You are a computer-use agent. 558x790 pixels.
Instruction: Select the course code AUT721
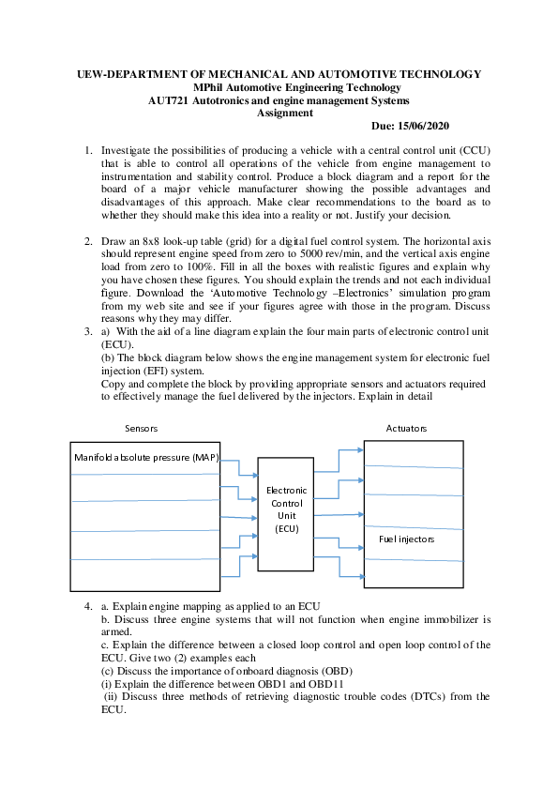169,99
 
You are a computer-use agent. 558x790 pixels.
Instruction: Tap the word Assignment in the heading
285,113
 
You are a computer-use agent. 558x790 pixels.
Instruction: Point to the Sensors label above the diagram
142,428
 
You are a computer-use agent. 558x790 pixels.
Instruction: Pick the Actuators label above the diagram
406,428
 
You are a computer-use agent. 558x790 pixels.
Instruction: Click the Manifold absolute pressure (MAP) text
145,457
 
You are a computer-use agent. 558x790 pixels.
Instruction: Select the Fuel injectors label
406,539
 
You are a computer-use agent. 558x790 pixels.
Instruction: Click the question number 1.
88,150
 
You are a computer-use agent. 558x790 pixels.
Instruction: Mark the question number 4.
88,608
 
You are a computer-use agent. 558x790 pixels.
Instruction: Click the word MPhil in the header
221,86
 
